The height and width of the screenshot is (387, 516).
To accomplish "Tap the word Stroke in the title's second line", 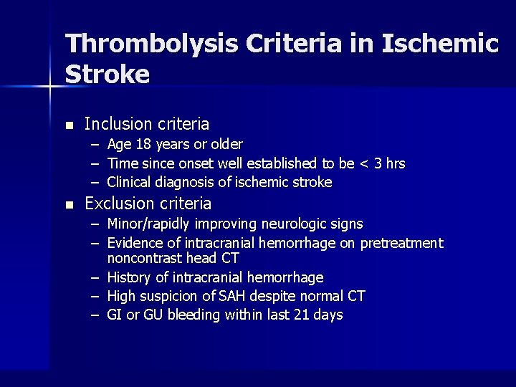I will point(107,74).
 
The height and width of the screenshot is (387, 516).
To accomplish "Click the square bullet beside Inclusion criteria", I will point(70,125).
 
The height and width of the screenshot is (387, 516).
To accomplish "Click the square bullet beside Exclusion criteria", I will point(70,205).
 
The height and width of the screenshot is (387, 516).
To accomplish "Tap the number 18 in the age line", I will point(142,145).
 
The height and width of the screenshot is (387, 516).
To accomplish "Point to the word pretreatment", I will point(402,244).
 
